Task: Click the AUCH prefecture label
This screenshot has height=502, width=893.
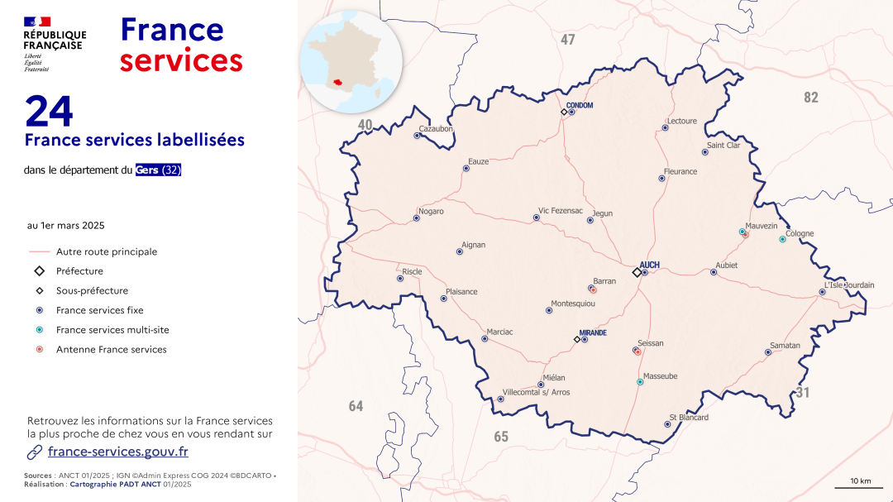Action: click(x=650, y=265)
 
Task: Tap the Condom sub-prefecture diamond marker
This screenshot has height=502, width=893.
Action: click(x=564, y=112)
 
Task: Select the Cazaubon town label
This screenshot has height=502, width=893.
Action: click(x=436, y=129)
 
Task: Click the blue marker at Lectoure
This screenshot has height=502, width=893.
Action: click(x=665, y=127)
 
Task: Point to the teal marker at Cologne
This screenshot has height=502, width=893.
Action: click(x=782, y=240)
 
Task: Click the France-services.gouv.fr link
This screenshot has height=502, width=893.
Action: click(x=118, y=452)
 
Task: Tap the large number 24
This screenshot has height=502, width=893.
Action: click(x=50, y=112)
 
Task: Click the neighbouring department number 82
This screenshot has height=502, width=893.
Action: click(x=811, y=98)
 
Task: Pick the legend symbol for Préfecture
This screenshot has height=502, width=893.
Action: click(x=39, y=271)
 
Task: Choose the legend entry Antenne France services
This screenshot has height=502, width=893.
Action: click(x=112, y=350)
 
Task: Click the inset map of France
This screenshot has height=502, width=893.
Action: click(x=351, y=61)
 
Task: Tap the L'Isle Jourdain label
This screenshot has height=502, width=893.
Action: click(x=848, y=285)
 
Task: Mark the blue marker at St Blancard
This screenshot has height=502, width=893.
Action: click(x=667, y=424)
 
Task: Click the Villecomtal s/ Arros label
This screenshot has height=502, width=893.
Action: click(x=536, y=393)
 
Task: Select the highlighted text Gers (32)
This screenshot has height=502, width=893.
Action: click(x=159, y=170)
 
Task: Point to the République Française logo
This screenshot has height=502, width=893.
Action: click(x=55, y=43)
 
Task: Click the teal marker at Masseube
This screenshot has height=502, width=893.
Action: click(x=640, y=382)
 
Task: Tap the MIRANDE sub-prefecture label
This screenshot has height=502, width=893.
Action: click(x=593, y=333)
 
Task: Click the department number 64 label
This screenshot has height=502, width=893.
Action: click(x=356, y=406)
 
